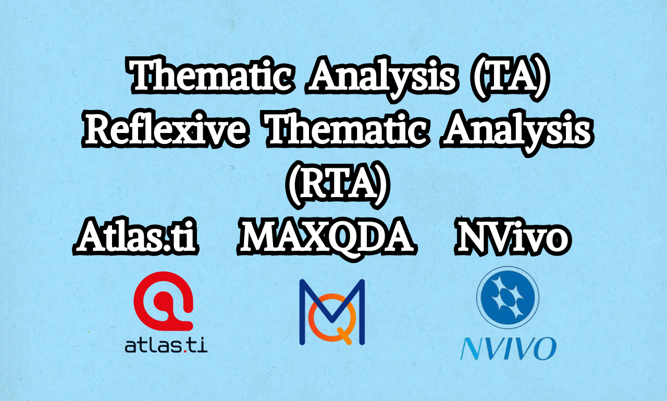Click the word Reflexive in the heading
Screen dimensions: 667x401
click(x=165, y=130)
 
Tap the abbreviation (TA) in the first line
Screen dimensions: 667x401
click(x=509, y=78)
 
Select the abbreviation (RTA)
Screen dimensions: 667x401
click(x=338, y=185)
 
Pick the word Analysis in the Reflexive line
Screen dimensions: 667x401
click(x=516, y=132)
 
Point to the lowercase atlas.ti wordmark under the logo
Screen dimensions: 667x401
click(x=166, y=346)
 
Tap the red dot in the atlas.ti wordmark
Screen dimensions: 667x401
click(x=186, y=351)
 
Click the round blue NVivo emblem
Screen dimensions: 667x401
click(x=508, y=298)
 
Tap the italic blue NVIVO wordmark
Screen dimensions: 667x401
click(x=508, y=348)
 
